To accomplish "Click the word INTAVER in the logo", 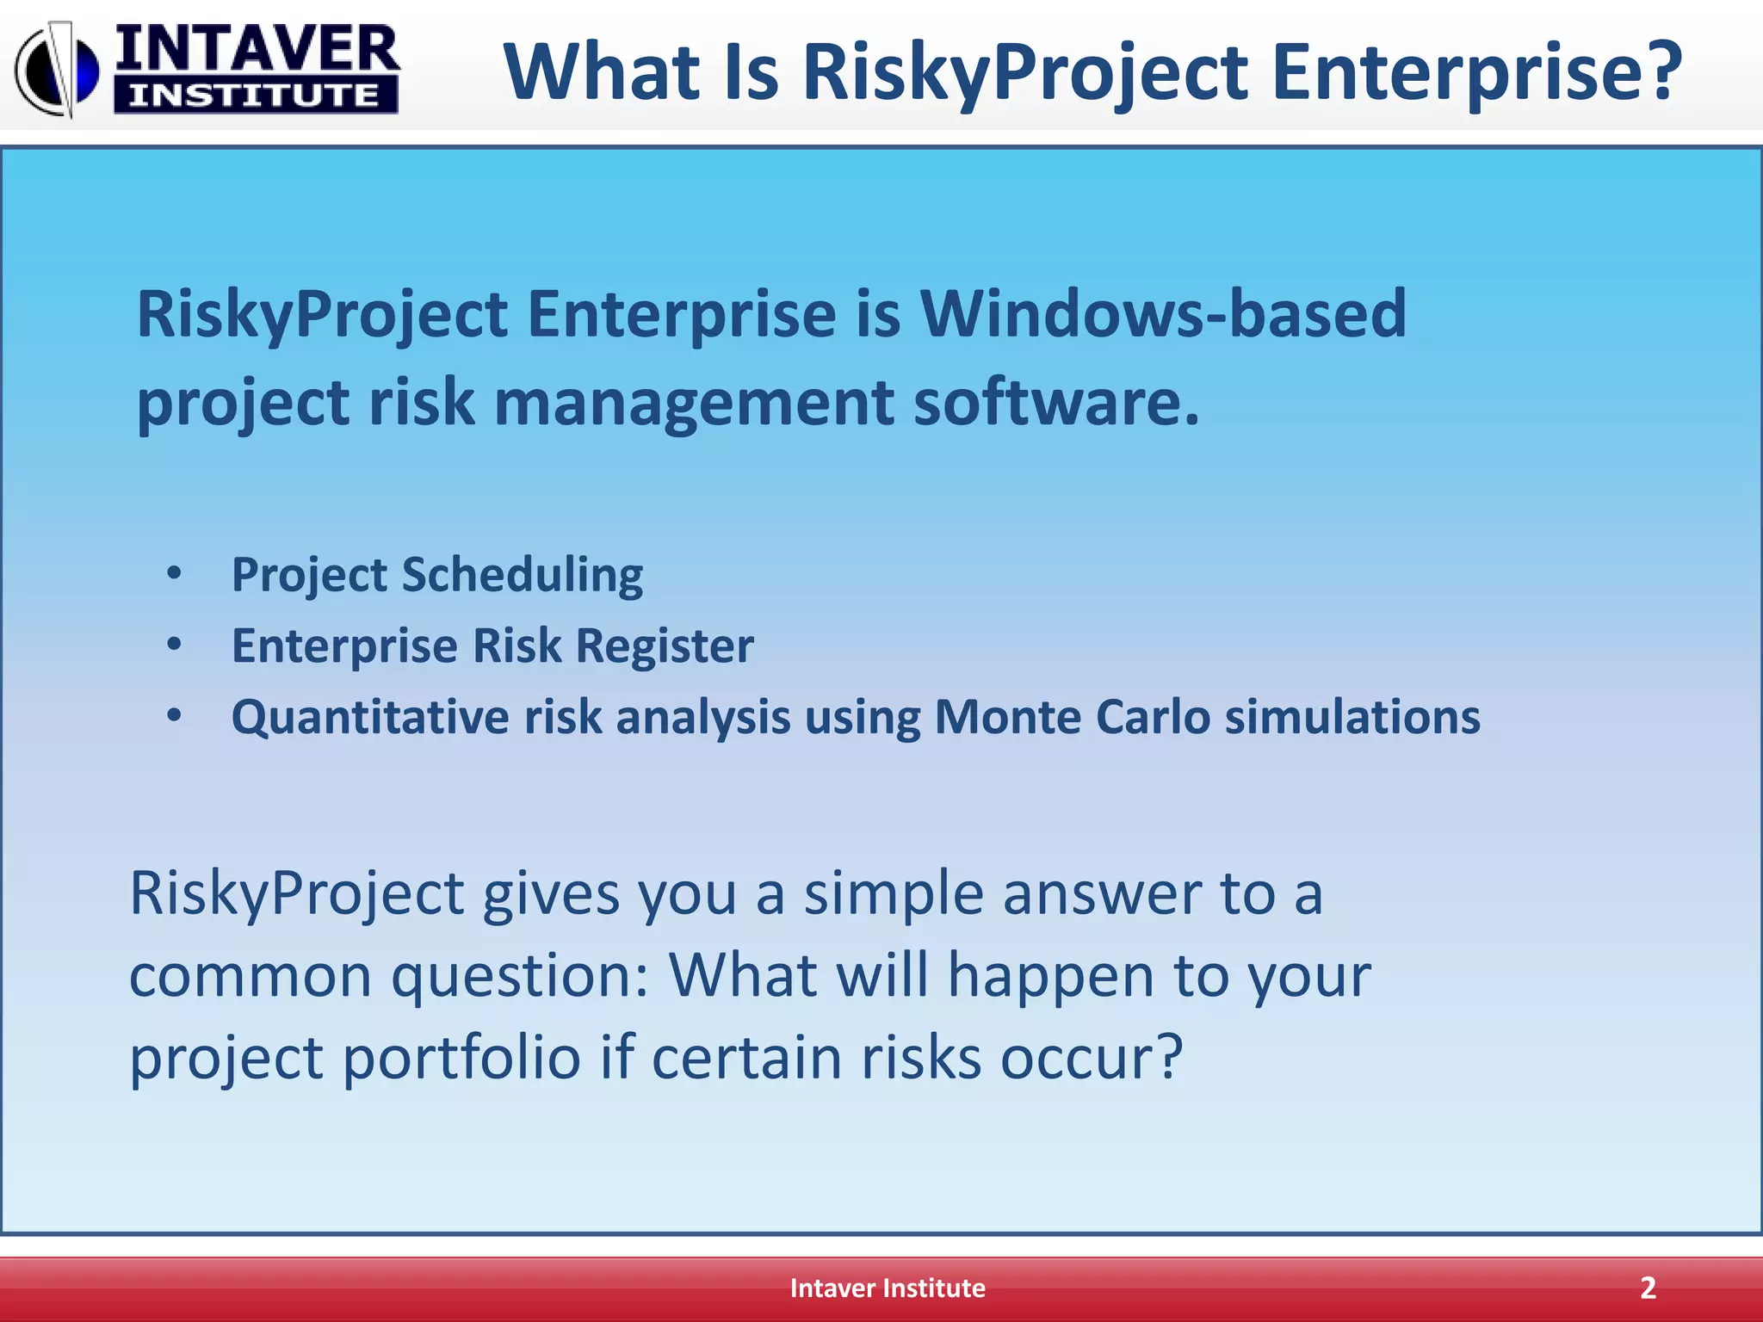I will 257,50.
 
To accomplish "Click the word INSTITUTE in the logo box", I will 255,96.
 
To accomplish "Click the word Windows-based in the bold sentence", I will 1163,313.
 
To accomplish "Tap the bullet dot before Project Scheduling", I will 175,573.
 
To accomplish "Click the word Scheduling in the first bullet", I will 523,575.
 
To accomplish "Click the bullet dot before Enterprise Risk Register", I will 175,645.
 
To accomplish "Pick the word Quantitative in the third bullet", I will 370,718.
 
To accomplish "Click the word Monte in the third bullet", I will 1007,716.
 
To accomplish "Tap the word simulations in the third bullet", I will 1352,716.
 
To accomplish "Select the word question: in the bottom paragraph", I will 520,977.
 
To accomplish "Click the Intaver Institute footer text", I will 888,1288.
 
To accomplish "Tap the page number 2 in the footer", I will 1648,1288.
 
